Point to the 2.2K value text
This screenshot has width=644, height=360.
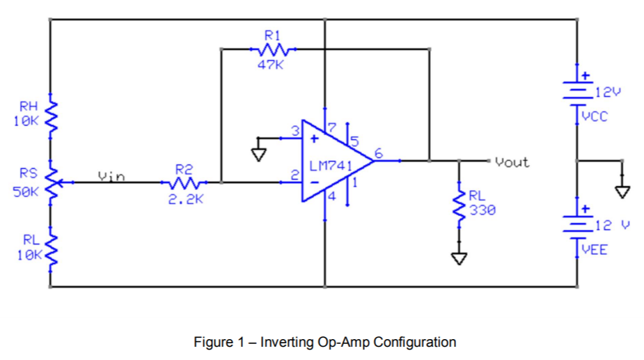pos(184,199)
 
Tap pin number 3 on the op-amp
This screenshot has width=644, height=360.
pos(295,130)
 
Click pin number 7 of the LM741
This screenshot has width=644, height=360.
pos(331,127)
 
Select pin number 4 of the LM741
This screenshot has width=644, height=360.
pos(331,197)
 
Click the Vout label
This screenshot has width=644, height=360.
pos(512,162)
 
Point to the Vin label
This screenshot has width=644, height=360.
pos(111,176)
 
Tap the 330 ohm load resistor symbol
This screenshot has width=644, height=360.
pos(459,202)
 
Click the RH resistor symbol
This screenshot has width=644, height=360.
pos(50,114)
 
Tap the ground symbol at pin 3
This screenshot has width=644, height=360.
pos(259,152)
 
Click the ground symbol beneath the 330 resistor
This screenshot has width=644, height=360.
pos(459,258)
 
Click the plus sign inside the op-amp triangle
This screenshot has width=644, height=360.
pos(314,139)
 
